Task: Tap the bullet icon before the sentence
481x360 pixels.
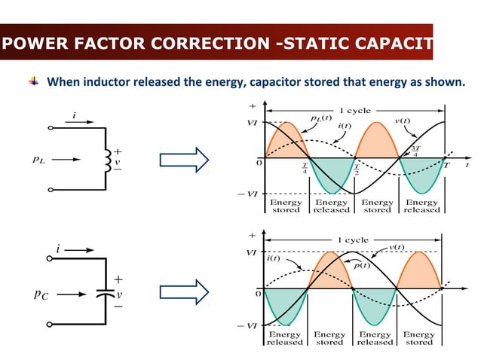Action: [34, 81]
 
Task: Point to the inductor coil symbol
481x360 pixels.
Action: [107, 159]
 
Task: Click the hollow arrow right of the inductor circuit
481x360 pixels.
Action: [183, 159]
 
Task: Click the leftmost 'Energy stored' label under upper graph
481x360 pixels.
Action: [286, 206]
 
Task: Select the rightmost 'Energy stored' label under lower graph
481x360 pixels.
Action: [418, 338]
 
